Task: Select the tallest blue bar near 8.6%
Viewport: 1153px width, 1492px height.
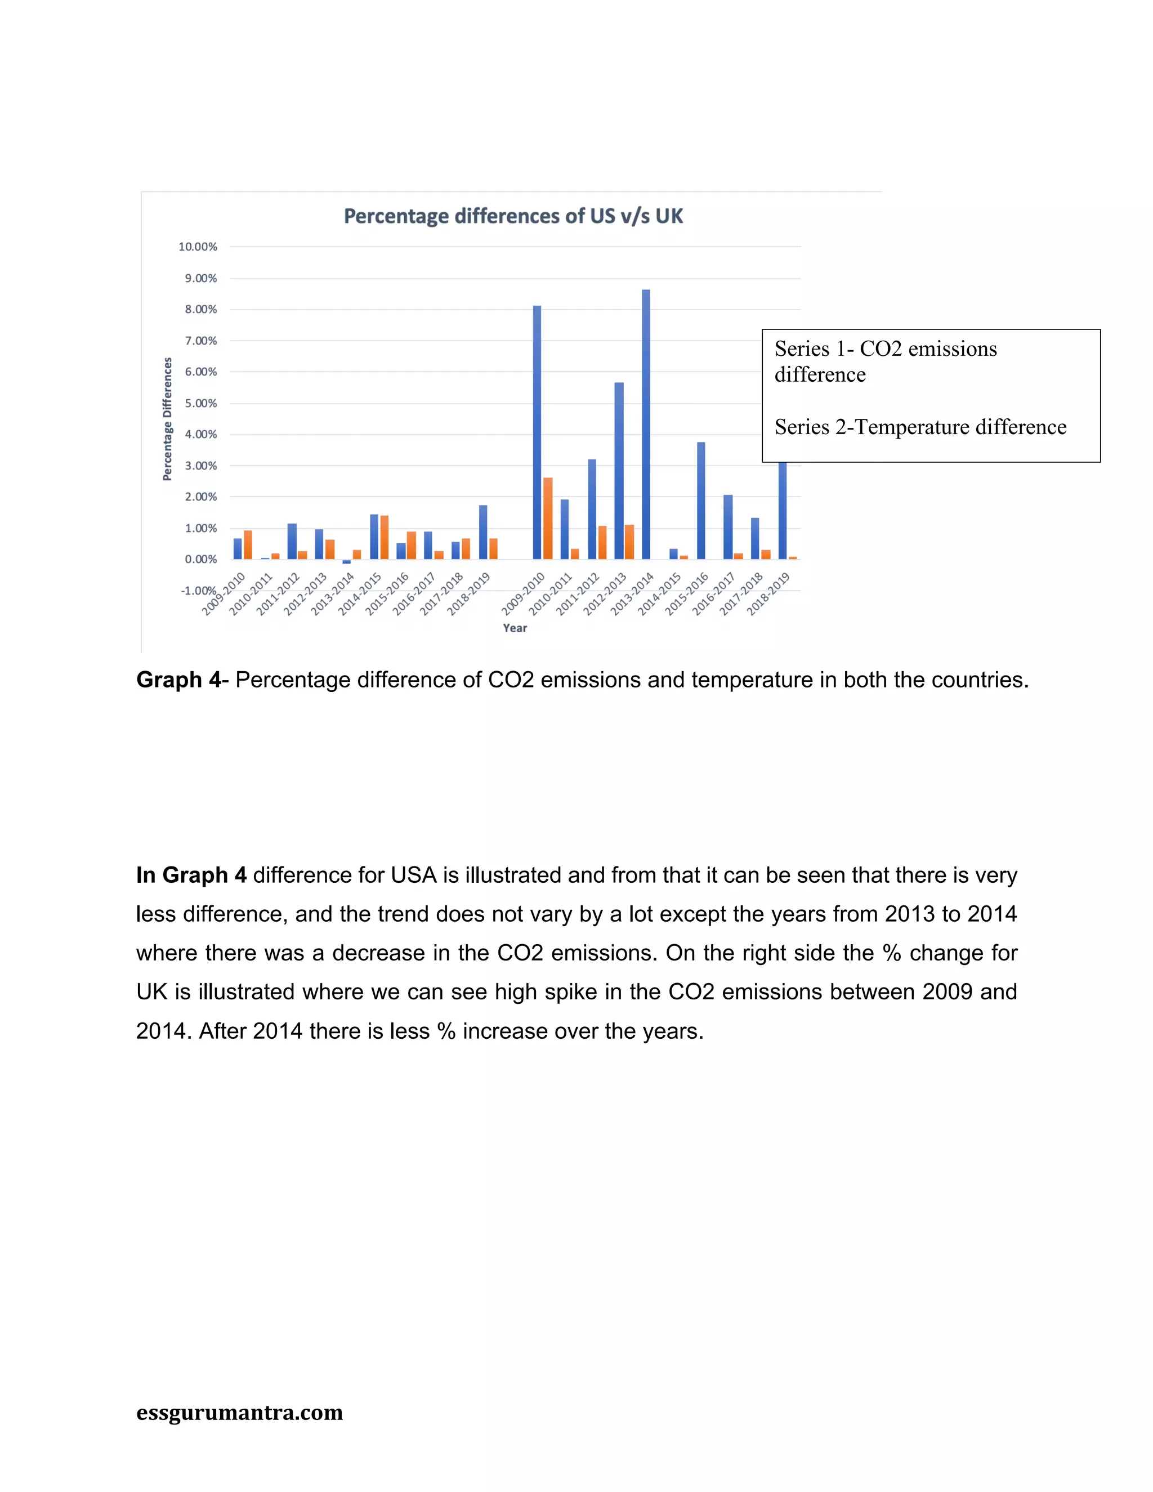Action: (x=646, y=423)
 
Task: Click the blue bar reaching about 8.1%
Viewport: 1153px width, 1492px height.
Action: (x=537, y=432)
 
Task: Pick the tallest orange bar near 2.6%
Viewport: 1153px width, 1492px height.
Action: (x=548, y=518)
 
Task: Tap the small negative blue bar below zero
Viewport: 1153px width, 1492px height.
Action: (x=346, y=561)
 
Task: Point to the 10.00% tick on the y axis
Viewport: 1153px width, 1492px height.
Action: (x=198, y=247)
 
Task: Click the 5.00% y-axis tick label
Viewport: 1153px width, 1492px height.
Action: (x=201, y=403)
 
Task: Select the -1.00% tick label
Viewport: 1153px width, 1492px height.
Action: (x=198, y=590)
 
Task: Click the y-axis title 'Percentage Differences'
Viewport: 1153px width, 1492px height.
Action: (x=167, y=419)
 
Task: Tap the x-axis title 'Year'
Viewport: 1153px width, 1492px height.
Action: (x=515, y=628)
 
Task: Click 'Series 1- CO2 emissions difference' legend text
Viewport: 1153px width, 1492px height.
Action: (x=885, y=361)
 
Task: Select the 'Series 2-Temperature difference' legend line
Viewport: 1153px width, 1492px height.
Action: (x=920, y=427)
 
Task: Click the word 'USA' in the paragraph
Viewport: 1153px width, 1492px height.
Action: (x=413, y=875)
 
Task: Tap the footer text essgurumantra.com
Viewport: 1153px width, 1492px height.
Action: (x=240, y=1412)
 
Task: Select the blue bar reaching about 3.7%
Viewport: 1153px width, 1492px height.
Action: (x=701, y=500)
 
